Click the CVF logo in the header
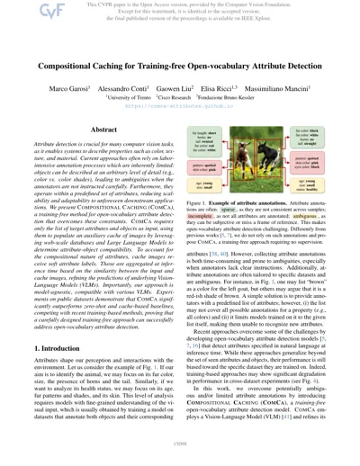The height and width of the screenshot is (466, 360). point(21,10)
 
